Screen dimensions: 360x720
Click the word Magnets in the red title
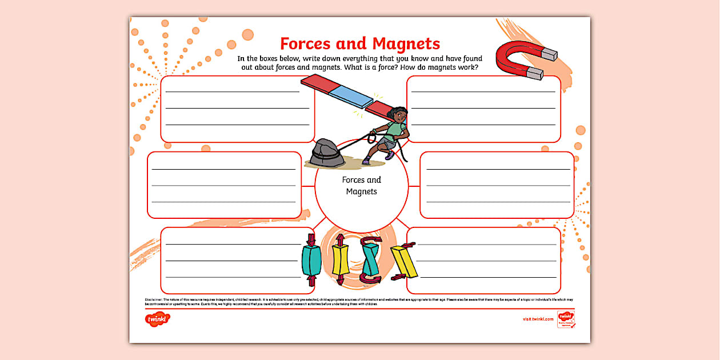[406, 43]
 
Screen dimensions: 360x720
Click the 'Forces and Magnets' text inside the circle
[362, 186]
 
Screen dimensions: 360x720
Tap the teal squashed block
[311, 260]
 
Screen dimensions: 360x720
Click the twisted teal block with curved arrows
[370, 259]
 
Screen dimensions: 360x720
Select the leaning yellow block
[404, 261]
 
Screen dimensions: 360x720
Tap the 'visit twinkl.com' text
[538, 319]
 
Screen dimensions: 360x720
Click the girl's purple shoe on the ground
[366, 162]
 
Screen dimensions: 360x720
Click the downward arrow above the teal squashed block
[311, 238]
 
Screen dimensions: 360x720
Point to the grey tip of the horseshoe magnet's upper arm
[548, 54]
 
